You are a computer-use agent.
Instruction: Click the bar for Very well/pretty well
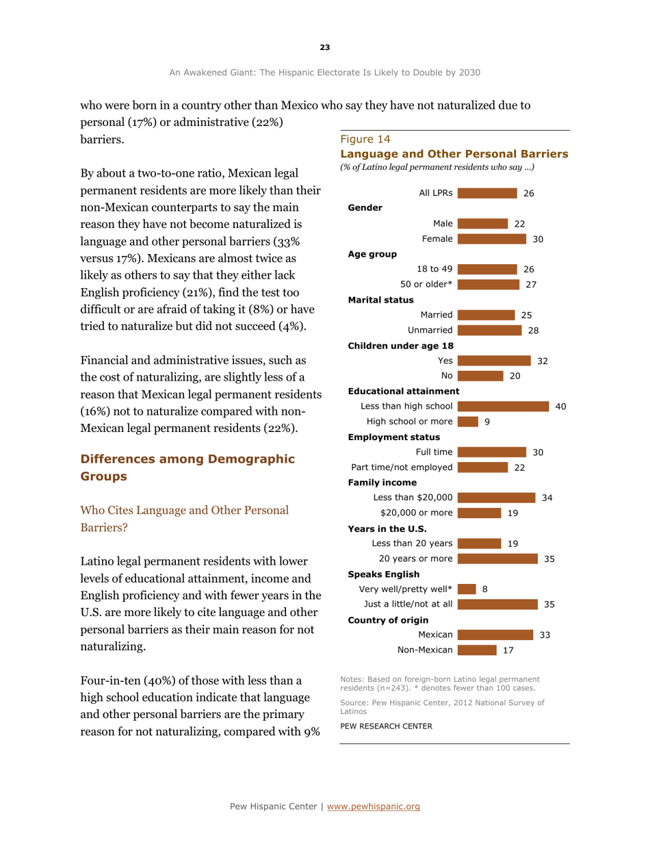[x=465, y=589]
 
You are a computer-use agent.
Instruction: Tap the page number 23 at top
[x=324, y=47]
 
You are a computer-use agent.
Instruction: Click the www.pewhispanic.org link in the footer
[x=385, y=806]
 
